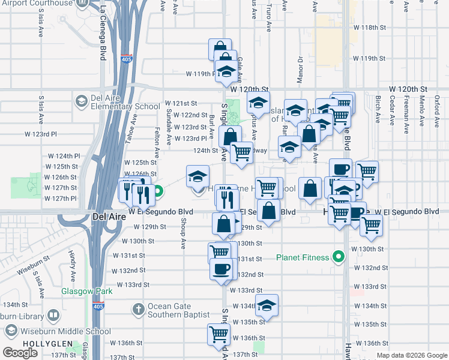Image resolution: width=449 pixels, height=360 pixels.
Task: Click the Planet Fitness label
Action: click(x=303, y=258)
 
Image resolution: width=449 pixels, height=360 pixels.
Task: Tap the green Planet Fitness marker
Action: click(x=339, y=258)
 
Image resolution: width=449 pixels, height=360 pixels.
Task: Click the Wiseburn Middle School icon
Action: click(x=11, y=331)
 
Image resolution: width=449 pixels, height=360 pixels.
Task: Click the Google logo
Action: click(x=20, y=353)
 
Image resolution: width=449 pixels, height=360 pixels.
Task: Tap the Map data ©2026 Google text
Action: click(x=412, y=355)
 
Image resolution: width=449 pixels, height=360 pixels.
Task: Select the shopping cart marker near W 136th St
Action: click(x=219, y=335)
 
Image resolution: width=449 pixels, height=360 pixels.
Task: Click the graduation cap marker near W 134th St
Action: click(x=267, y=305)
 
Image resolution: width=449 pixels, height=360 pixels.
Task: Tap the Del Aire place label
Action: click(x=109, y=216)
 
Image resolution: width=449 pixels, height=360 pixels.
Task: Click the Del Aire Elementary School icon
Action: click(x=80, y=100)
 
